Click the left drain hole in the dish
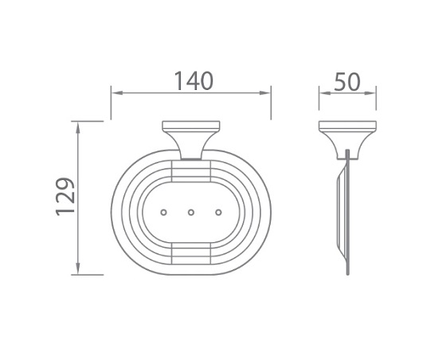coord(163,213)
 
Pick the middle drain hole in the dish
coord(191,213)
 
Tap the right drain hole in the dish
coord(219,213)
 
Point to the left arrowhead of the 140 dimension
coord(114,93)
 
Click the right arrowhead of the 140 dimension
coord(269,93)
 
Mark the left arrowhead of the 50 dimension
coord(322,93)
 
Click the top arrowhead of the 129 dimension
coord(77,124)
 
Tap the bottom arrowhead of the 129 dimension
coord(77,270)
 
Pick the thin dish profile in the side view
coord(345,215)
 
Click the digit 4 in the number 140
coord(191,80)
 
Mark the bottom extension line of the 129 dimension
coord(89,274)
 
